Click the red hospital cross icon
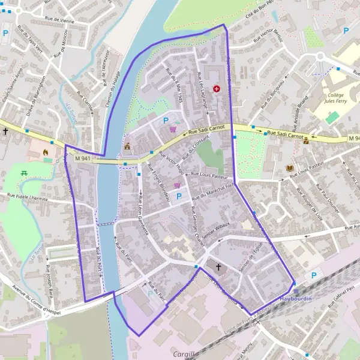tap(217, 89)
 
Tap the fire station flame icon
tap(46, 152)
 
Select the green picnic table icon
tap(25, 173)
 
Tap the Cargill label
tap(184, 354)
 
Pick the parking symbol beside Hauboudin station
tap(314, 276)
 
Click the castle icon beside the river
tap(127, 146)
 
